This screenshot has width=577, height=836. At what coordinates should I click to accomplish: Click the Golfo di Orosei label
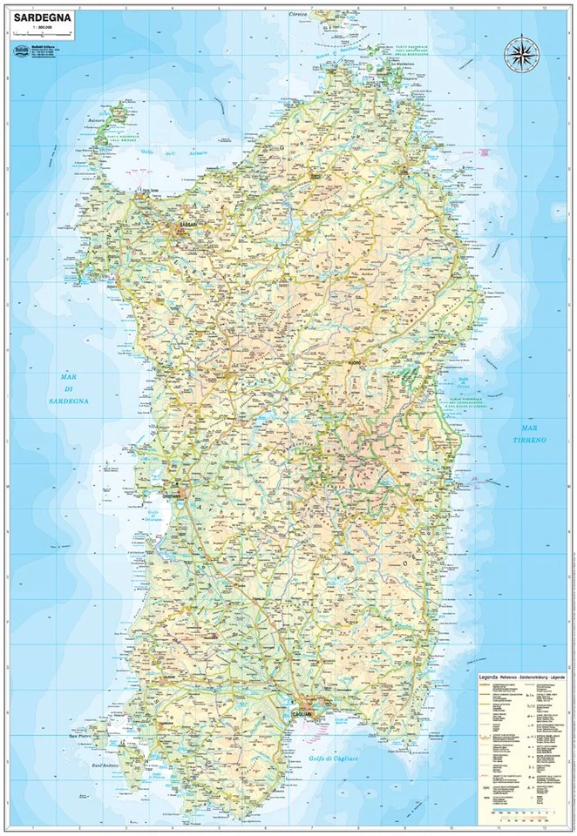pyautogui.click(x=463, y=359)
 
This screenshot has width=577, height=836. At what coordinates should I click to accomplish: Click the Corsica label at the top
pyautogui.click(x=302, y=15)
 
